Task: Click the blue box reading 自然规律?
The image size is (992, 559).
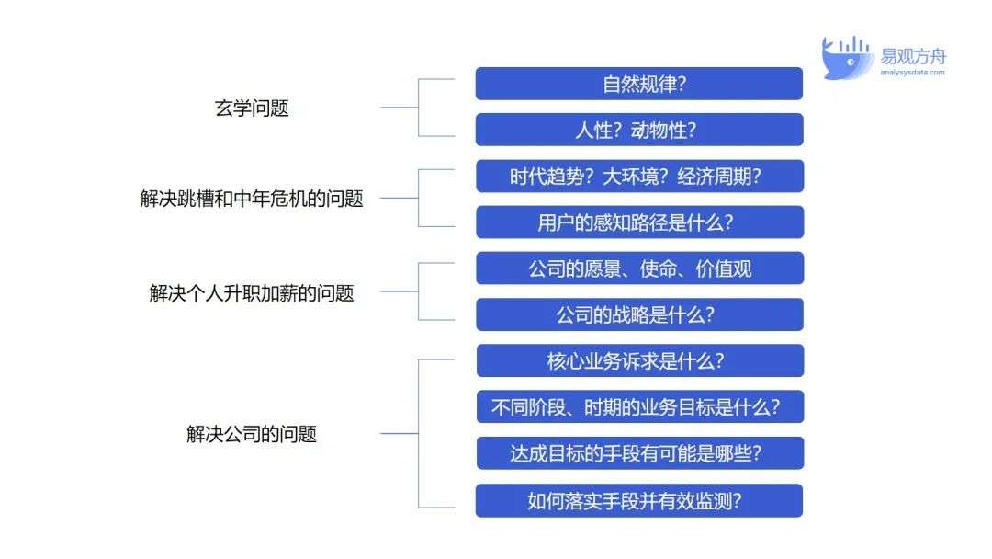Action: point(639,84)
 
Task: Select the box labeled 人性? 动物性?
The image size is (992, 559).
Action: point(639,130)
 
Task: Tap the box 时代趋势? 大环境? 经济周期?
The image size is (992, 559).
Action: point(639,176)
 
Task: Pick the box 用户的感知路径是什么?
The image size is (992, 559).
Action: point(639,222)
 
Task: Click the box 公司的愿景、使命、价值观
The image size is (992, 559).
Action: point(639,268)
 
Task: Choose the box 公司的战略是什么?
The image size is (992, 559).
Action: point(639,314)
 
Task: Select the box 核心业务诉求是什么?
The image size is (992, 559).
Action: point(639,360)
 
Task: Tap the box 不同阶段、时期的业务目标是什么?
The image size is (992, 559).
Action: point(639,407)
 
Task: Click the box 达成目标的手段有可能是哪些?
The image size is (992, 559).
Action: point(639,453)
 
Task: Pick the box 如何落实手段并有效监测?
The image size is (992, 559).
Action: point(639,501)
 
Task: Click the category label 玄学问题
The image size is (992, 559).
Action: point(252,108)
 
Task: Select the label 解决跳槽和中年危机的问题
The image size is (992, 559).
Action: point(252,199)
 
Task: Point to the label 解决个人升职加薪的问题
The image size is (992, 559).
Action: point(252,293)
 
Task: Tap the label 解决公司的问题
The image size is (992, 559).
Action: point(252,434)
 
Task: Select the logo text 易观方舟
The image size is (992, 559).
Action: point(913,56)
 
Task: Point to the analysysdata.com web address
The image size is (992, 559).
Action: point(912,72)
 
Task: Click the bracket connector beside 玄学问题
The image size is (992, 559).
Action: point(418,108)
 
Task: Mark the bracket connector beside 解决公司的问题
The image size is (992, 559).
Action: point(418,434)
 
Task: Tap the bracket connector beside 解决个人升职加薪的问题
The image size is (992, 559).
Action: point(418,291)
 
